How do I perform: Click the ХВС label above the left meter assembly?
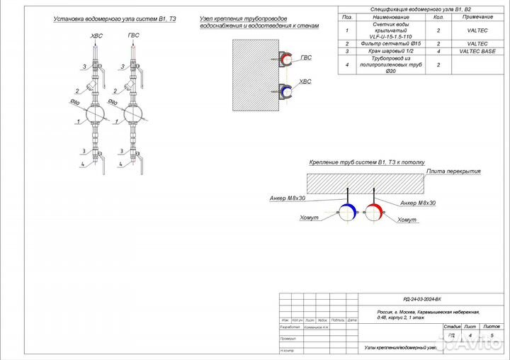point(96,35)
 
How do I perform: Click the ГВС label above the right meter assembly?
point(134,35)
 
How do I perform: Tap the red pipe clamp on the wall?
point(286,61)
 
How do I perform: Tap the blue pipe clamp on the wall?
point(286,91)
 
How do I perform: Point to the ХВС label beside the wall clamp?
point(305,82)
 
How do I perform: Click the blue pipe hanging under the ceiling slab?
point(347,211)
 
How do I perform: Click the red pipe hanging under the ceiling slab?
point(374,211)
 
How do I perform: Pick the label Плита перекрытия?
point(453,171)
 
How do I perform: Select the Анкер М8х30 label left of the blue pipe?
point(288,198)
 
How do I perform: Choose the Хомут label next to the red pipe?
point(407,220)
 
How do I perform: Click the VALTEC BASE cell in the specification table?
point(477,52)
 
